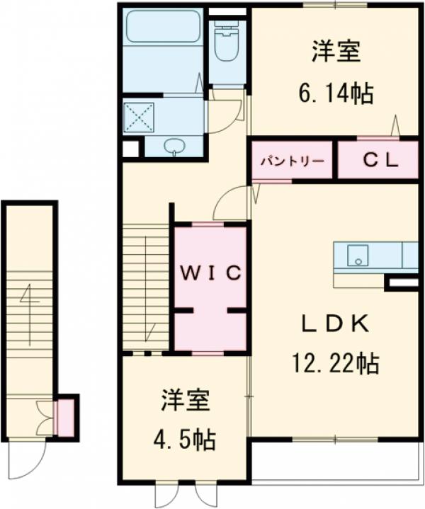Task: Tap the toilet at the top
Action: [x=227, y=42]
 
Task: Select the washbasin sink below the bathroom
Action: [x=174, y=147]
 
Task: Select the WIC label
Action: [x=210, y=272]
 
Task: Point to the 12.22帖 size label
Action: [x=334, y=363]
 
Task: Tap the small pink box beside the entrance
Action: [x=66, y=418]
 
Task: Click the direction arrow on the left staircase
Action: [x=29, y=311]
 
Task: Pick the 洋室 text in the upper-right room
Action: [x=335, y=53]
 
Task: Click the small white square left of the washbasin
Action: [x=130, y=149]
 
